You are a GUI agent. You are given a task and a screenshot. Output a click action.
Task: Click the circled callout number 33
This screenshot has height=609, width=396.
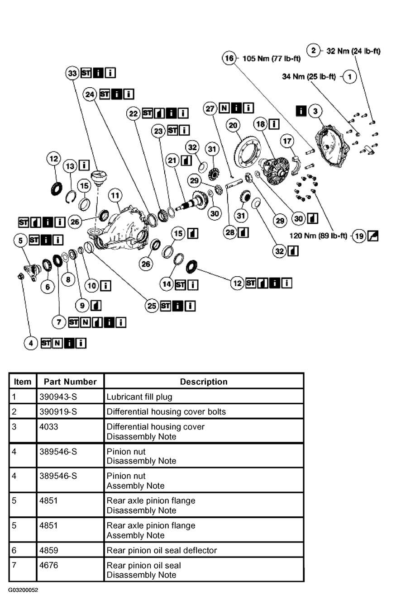coord(73,73)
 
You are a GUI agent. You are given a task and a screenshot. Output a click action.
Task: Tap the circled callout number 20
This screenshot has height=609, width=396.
coord(233,125)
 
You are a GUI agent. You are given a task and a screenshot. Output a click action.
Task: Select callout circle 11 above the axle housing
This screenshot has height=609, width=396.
coord(115,195)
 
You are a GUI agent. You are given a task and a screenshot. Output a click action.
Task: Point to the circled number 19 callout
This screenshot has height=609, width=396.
coord(359,236)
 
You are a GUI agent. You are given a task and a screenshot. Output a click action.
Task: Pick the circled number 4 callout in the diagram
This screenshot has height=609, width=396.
coord(31,343)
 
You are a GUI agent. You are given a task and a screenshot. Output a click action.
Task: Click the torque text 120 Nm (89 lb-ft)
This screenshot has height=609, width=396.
coord(318,236)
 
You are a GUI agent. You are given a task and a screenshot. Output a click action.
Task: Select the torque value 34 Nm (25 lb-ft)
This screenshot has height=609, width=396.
coord(309,76)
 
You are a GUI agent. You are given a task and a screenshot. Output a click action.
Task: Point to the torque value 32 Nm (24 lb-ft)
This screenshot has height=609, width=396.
coord(353,51)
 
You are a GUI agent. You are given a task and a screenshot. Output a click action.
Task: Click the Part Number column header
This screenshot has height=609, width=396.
coord(70,382)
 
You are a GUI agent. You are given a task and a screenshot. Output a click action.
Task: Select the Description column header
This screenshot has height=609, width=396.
coord(204,382)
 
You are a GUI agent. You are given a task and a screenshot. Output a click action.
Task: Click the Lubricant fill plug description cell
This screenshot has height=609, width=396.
coord(139,397)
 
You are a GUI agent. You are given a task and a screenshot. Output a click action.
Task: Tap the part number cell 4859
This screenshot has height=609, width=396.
coord(49,550)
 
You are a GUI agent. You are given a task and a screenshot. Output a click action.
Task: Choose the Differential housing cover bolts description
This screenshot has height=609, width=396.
coord(166,411)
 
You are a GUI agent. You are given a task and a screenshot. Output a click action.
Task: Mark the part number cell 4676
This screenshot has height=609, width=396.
coord(49,565)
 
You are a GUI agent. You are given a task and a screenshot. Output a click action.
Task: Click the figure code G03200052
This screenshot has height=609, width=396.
coord(23,590)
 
